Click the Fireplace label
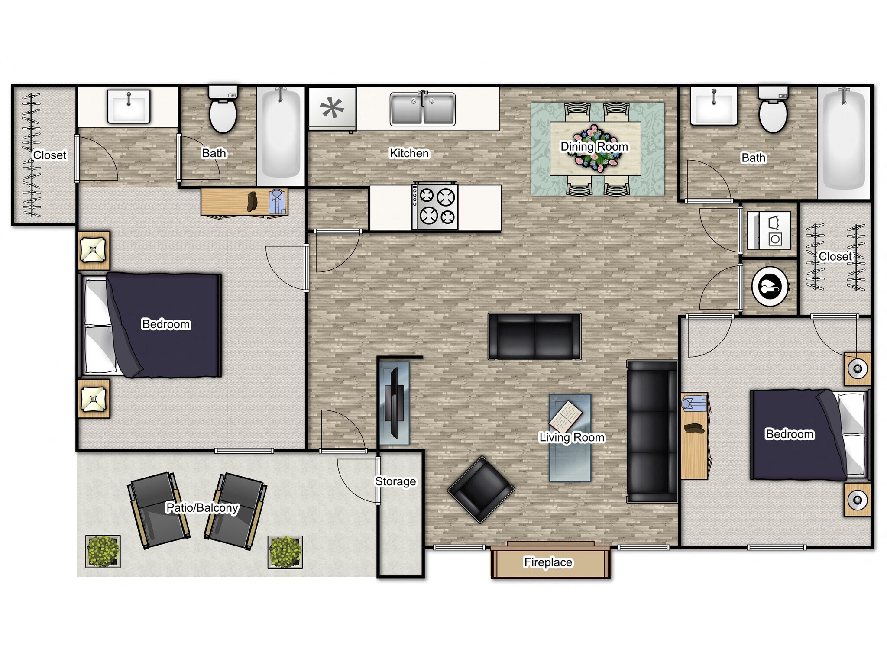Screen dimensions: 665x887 [548, 562]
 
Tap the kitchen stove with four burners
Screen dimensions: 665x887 [435, 207]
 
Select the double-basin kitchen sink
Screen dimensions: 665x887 [422, 109]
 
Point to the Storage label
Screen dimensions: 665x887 [395, 481]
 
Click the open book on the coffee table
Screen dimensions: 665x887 [566, 415]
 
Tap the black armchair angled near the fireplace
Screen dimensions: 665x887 [481, 489]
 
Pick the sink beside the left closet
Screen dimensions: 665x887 [129, 106]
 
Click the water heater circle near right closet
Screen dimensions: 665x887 [770, 287]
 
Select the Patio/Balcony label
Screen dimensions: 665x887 [202, 507]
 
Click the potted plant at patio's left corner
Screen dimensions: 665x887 [103, 552]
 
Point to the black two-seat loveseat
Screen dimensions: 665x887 [534, 337]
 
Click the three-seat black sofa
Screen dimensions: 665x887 [652, 432]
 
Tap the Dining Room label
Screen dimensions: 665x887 [594, 147]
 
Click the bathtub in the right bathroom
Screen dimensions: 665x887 [844, 143]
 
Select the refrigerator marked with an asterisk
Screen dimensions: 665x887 [332, 108]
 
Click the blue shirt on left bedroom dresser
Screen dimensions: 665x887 [277, 202]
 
